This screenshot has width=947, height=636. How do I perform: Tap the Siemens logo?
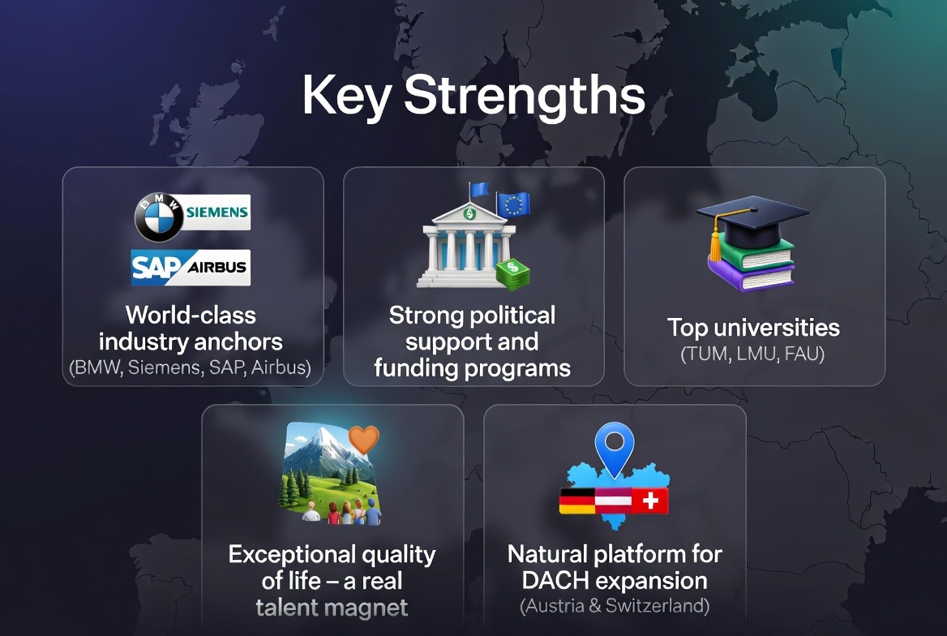(x=216, y=213)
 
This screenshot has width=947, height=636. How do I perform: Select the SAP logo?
(x=156, y=267)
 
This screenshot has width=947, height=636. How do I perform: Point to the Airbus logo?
(x=216, y=267)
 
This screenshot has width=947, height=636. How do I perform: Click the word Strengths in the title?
(x=525, y=96)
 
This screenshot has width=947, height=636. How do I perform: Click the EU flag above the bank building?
(x=513, y=204)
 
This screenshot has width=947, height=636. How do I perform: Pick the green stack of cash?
(x=512, y=273)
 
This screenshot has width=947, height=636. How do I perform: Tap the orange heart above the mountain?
(x=363, y=440)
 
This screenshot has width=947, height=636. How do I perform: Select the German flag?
(x=577, y=501)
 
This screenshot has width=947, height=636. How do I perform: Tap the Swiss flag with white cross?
(x=650, y=501)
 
